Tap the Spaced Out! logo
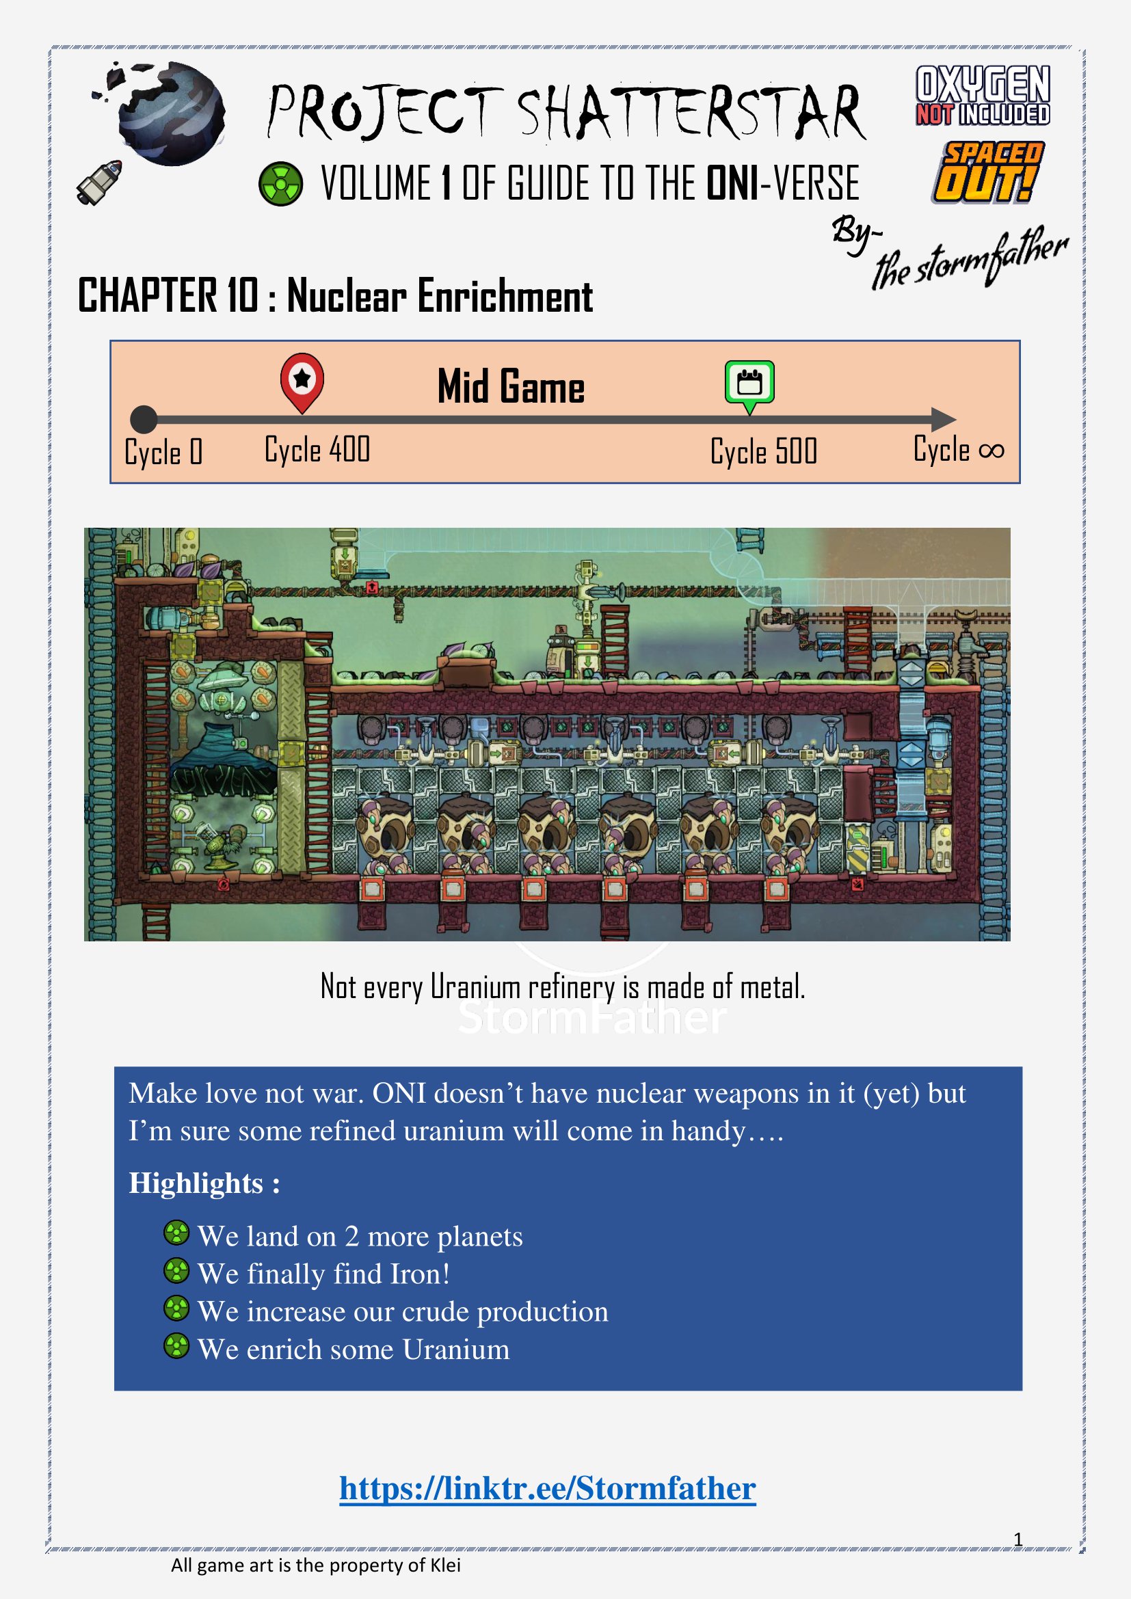point(987,172)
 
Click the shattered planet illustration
point(162,112)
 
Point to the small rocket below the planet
point(99,183)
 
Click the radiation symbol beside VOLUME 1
point(280,184)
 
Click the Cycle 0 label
point(163,452)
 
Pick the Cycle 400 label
point(317,449)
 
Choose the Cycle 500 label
point(763,451)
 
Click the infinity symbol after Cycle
point(991,451)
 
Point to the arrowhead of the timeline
point(944,419)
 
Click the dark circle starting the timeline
point(144,419)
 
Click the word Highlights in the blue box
point(196,1183)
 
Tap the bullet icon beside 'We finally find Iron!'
point(176,1270)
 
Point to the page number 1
point(1017,1539)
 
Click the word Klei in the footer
point(445,1566)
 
